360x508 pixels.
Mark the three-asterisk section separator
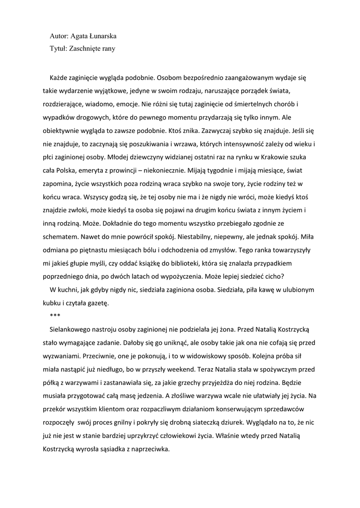(x=55, y=316)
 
